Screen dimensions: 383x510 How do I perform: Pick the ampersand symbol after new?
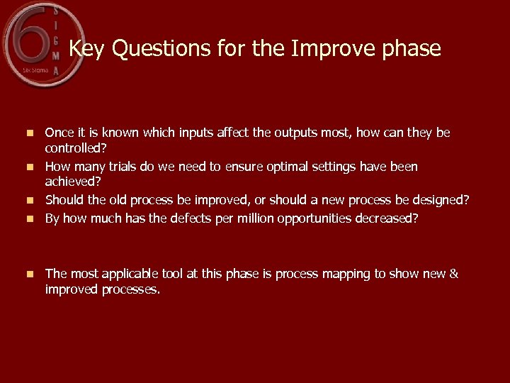point(454,274)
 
